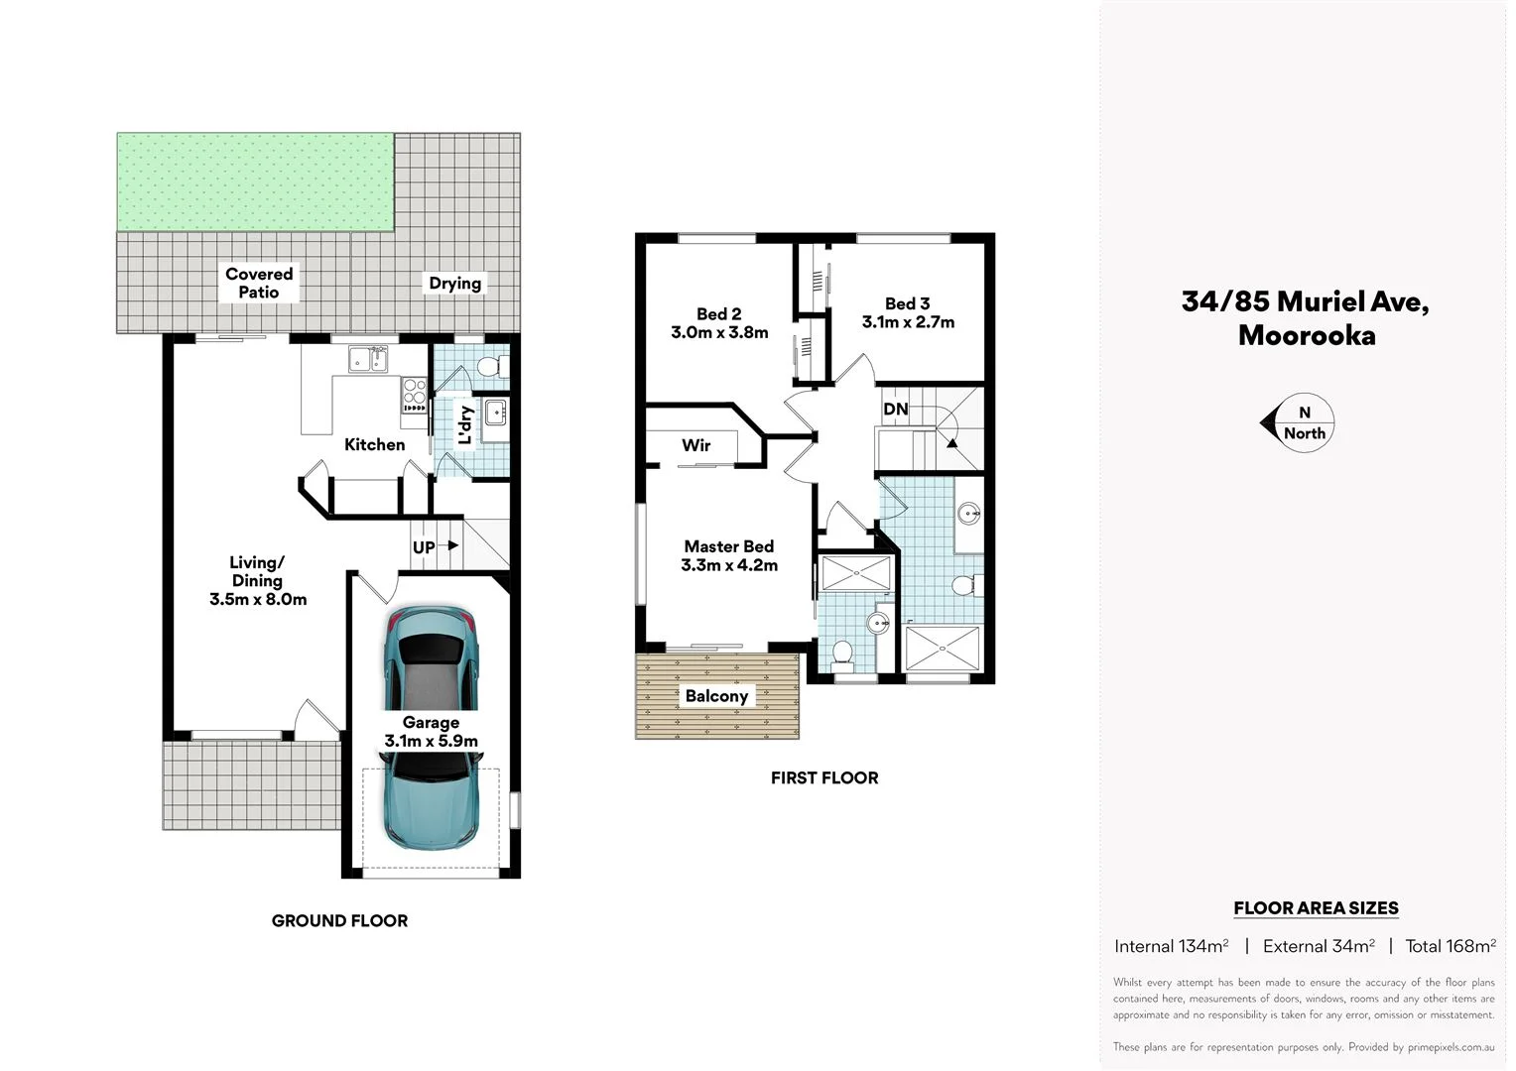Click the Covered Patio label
(259, 283)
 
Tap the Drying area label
(454, 284)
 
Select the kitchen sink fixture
(368, 359)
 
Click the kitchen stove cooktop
(414, 395)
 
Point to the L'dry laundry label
(465, 425)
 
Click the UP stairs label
(424, 547)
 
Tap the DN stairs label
(895, 409)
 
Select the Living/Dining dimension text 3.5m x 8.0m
(258, 599)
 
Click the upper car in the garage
(432, 658)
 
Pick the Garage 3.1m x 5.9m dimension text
(431, 741)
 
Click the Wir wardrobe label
(695, 445)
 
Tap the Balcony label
(716, 696)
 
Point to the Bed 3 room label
(908, 303)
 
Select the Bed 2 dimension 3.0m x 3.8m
(719, 332)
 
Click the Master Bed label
(728, 546)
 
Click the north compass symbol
(1300, 423)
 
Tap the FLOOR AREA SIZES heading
(1316, 907)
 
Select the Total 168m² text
(1450, 946)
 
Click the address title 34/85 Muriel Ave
(1305, 301)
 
